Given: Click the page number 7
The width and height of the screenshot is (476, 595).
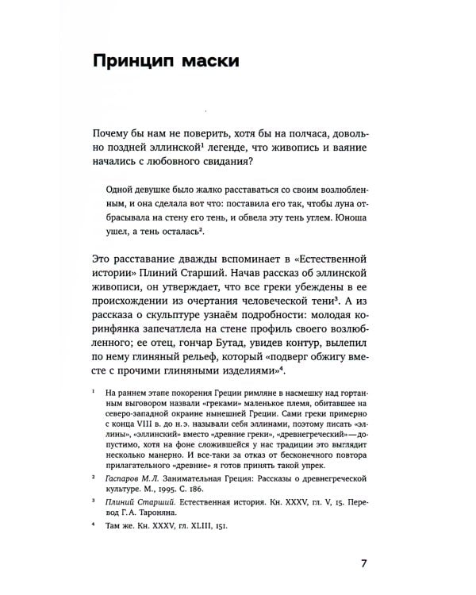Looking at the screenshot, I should (x=364, y=565).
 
